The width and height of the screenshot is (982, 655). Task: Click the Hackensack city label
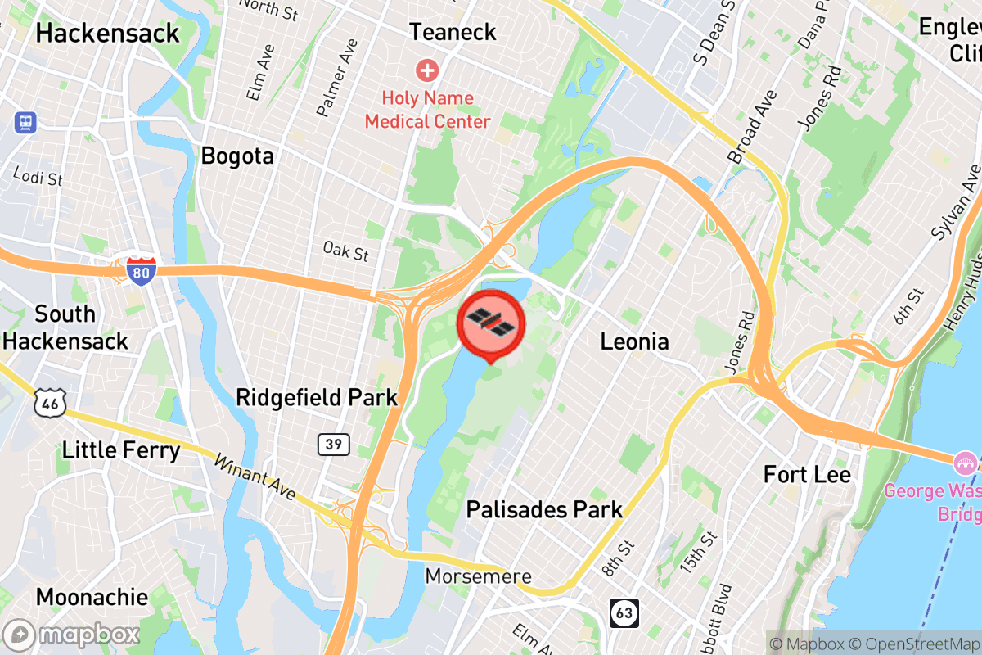107,33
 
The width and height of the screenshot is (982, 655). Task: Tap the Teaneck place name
453,32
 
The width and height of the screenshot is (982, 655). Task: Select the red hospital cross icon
426,70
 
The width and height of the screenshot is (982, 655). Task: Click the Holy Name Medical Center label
427,110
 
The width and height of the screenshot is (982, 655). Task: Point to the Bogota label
237,156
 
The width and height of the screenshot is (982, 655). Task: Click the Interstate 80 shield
140,270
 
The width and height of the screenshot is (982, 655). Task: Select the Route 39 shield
334,445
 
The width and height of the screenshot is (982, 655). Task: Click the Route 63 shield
624,613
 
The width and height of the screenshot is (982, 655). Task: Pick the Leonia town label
634,341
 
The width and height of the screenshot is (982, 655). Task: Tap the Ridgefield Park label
317,398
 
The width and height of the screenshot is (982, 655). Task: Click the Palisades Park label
544,509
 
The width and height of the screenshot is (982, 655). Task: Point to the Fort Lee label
807,474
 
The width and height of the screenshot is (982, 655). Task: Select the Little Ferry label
121,449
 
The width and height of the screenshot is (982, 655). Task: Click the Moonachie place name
92,597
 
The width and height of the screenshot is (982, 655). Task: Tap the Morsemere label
478,576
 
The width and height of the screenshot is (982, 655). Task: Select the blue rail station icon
25,123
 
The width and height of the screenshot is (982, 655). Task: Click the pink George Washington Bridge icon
966,463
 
